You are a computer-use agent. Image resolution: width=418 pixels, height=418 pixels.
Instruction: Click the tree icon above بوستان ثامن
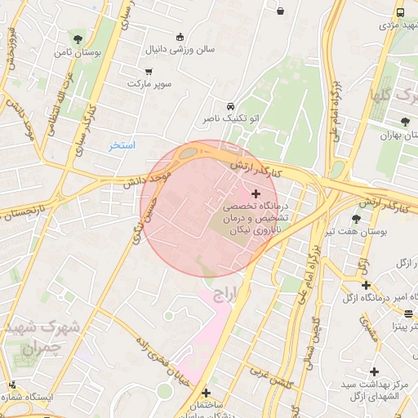pos(78,38)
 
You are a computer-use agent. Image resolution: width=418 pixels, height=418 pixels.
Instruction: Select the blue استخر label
pos(122,145)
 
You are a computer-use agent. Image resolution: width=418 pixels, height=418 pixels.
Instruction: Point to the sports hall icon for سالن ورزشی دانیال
pos(180,36)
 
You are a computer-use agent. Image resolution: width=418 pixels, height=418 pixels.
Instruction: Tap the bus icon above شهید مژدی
pos(399,12)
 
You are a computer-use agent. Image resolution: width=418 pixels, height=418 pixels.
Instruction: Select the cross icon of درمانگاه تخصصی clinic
pos(257,193)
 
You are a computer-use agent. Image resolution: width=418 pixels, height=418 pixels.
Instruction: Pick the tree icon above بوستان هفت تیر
pos(355,219)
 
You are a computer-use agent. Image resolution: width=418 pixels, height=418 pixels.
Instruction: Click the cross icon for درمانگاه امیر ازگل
pos(367,285)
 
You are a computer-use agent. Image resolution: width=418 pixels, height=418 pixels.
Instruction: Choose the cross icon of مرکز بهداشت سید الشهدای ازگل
pos(373,371)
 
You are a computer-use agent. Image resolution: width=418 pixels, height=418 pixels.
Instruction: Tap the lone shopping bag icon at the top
pos(281,11)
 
